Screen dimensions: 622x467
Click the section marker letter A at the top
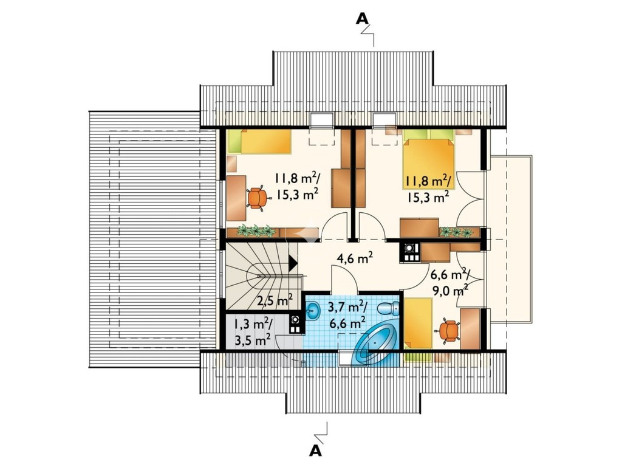361,18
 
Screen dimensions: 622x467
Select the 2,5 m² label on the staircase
275,300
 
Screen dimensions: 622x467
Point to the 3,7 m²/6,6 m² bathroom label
347,314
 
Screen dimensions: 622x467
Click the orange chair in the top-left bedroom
257,198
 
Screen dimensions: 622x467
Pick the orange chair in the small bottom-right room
448,330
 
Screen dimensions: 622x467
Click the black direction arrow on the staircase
293,263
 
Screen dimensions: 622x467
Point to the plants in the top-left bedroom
256,230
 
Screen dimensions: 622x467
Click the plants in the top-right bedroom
456,232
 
